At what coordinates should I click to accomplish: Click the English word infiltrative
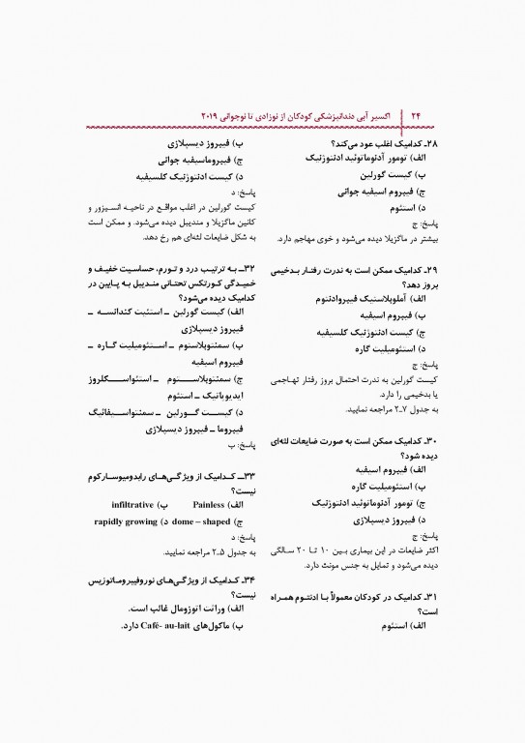[x=131, y=504]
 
